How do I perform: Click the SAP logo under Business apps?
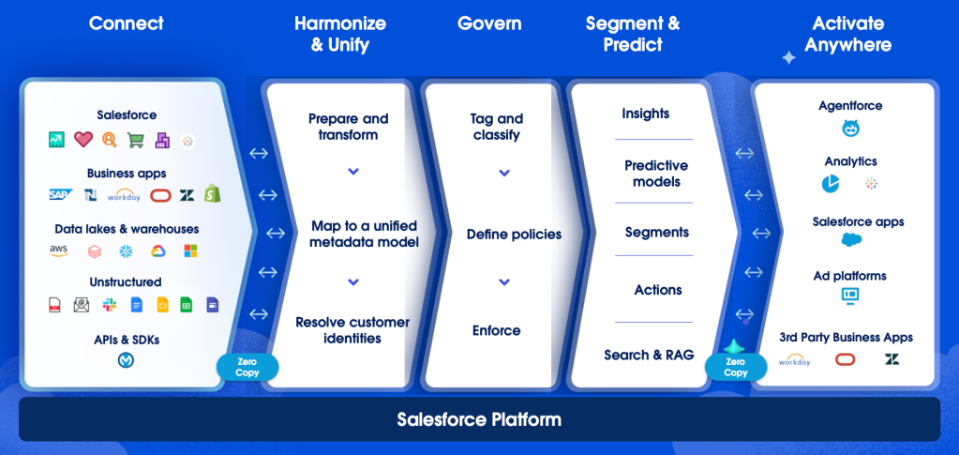[x=61, y=195]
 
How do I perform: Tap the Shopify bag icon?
[x=213, y=194]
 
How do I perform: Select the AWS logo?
[x=59, y=250]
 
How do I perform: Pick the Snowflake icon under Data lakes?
[x=126, y=250]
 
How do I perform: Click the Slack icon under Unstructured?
[x=110, y=305]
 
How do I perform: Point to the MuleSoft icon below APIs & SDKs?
[x=126, y=360]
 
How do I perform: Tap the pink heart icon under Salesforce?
[x=83, y=140]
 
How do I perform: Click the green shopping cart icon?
[x=136, y=141]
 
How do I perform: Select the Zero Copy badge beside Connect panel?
[x=247, y=367]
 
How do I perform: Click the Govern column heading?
[x=489, y=23]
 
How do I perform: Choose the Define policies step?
[x=514, y=235]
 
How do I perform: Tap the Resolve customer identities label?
[x=352, y=330]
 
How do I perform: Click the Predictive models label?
[x=656, y=174]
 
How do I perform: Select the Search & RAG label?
[x=649, y=355]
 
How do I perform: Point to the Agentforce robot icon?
[x=850, y=129]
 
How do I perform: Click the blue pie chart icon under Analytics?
[x=831, y=184]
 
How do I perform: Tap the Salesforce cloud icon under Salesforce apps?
[x=851, y=240]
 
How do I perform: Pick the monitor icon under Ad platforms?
[x=850, y=296]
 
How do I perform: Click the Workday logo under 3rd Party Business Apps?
[x=795, y=360]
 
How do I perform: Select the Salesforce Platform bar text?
[x=479, y=419]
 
